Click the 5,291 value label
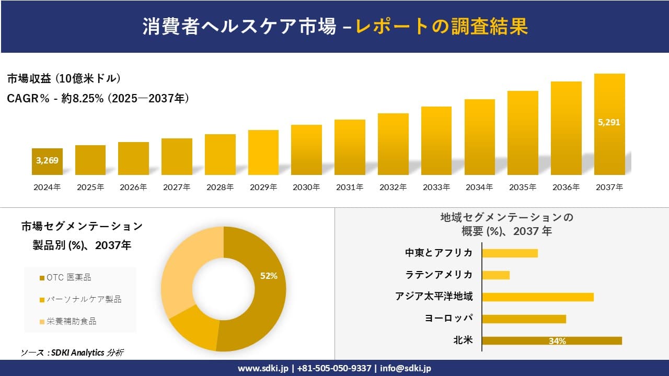[x=609, y=123]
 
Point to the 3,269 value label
[x=47, y=160]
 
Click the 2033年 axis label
[x=436, y=187]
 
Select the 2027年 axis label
[x=177, y=187]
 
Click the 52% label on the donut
[x=269, y=276]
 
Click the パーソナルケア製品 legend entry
[x=80, y=299]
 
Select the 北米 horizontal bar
[x=551, y=340]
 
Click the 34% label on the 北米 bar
[x=557, y=341]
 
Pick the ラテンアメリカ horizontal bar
[x=495, y=275]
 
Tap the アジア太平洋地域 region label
[x=434, y=297]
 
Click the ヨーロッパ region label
[x=449, y=319]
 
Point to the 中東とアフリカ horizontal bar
[x=510, y=253]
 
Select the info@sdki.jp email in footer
[x=405, y=368]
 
